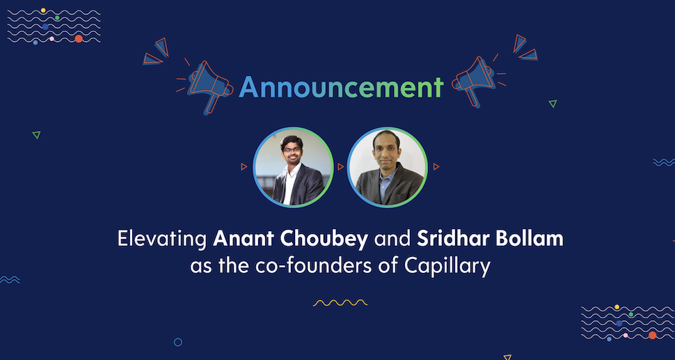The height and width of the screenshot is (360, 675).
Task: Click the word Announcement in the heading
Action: [x=341, y=87]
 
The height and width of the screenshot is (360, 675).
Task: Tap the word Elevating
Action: [x=162, y=240]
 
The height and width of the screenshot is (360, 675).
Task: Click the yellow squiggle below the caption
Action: [x=340, y=303]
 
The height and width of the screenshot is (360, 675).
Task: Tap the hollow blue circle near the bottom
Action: [x=177, y=343]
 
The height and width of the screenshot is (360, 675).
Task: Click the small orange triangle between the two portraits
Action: [x=340, y=166]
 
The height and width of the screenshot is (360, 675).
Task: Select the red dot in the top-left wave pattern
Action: [x=79, y=39]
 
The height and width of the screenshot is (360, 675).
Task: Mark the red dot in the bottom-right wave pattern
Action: [x=652, y=335]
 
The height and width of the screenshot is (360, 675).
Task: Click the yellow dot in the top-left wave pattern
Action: [x=43, y=10]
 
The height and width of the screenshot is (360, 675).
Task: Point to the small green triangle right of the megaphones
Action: [x=553, y=103]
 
